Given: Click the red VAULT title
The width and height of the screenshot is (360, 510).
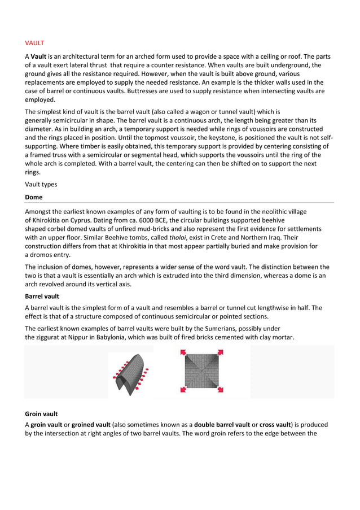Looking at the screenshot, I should (x=34, y=42).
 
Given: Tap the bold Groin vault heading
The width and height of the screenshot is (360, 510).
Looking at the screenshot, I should (x=41, y=413).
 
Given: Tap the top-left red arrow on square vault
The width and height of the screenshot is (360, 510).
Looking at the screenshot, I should (x=183, y=354).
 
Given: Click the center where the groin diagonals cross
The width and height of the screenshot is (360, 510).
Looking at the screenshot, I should (x=202, y=372).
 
